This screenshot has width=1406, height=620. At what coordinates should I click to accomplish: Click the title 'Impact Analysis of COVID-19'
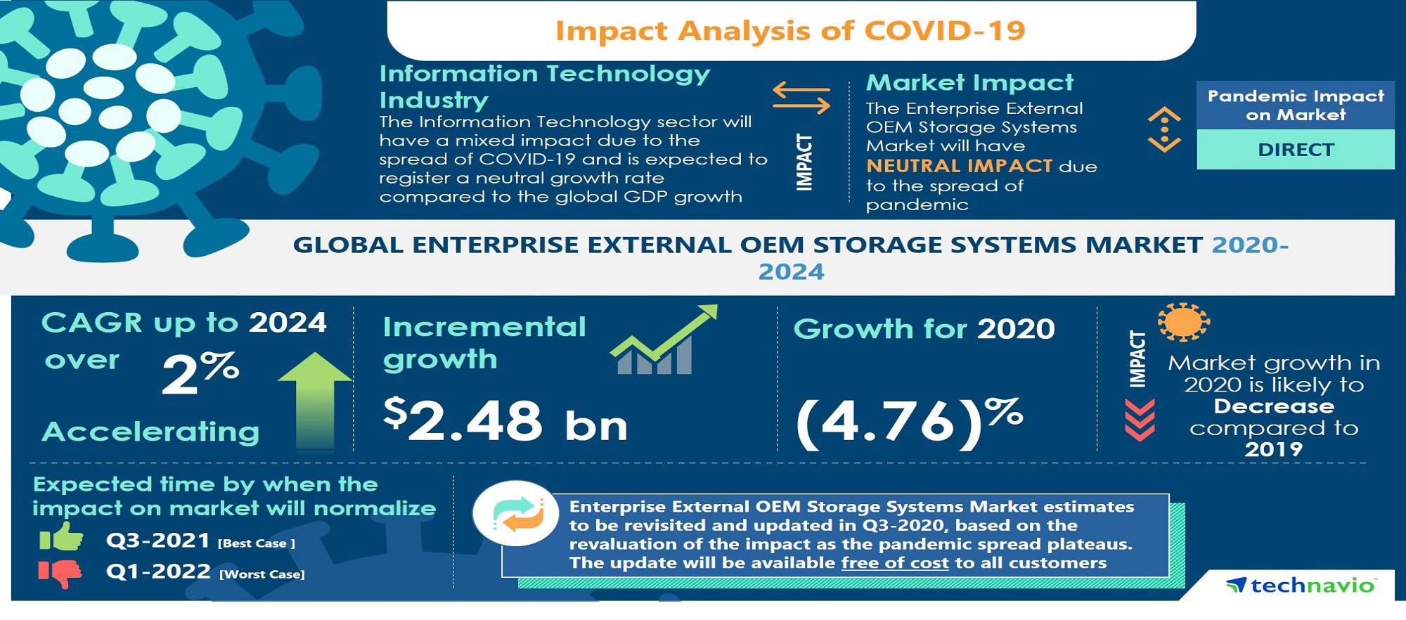pyautogui.click(x=790, y=31)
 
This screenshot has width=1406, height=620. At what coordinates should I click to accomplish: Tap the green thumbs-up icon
pyautogui.click(x=61, y=538)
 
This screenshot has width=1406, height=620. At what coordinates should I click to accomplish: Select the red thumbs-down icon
pyautogui.click(x=60, y=573)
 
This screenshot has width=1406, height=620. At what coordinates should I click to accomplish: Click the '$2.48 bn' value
pyautogui.click(x=505, y=420)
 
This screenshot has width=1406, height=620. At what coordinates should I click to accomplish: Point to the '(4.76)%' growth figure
pyautogui.click(x=909, y=422)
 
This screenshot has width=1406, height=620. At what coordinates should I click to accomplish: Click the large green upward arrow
pyautogui.click(x=314, y=401)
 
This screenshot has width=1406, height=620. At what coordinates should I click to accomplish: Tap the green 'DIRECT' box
pyautogui.click(x=1296, y=150)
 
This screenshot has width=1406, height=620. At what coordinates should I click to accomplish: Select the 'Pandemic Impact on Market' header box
pyautogui.click(x=1296, y=105)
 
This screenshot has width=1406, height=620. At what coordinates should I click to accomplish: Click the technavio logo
pyautogui.click(x=1301, y=585)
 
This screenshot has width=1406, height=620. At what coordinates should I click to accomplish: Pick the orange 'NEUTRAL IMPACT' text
pyautogui.click(x=959, y=166)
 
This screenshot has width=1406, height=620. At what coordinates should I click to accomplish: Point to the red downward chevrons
pyautogui.click(x=1140, y=420)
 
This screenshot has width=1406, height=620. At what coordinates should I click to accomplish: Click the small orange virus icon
pyautogui.click(x=1184, y=323)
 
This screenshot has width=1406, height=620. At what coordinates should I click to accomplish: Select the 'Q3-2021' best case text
pyautogui.click(x=158, y=541)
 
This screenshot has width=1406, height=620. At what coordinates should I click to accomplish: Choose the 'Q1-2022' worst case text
pyautogui.click(x=158, y=571)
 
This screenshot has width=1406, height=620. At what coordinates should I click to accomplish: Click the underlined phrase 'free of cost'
pyautogui.click(x=895, y=563)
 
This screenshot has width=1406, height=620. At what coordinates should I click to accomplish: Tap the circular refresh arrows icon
pyautogui.click(x=517, y=514)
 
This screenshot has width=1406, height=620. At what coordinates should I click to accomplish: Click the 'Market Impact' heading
pyautogui.click(x=970, y=83)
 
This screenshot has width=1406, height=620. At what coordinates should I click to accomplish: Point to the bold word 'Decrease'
pyautogui.click(x=1274, y=406)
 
